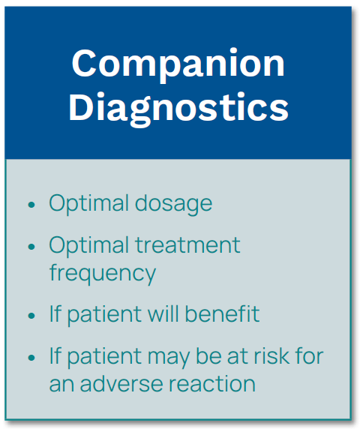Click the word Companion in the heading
pos(178,64)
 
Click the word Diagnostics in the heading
pos(178,108)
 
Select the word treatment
pos(188,244)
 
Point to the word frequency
pos(103,274)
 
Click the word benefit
pos(223,313)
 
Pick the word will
pos(163,313)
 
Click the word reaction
pos(212,385)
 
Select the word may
pos(169,358)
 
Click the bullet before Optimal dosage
pos(31,205)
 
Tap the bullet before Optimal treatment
pos(31,247)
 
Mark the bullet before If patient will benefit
pos(31,316)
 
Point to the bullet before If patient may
pos(31,357)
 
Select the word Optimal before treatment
pos(89,246)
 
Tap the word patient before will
pos(104,316)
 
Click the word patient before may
pos(104,358)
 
